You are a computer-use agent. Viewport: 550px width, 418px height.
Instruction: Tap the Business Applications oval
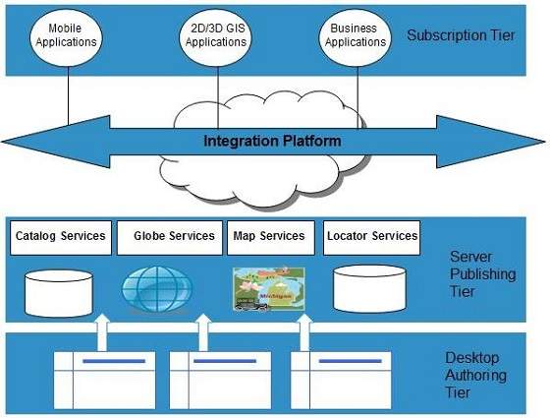click(354, 36)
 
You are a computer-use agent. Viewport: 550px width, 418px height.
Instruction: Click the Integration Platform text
click(272, 141)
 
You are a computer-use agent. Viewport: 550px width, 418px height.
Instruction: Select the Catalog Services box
click(59, 236)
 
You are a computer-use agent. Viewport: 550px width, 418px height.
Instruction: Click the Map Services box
click(268, 236)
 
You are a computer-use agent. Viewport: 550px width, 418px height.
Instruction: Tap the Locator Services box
click(372, 236)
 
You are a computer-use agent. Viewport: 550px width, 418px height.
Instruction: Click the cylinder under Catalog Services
click(60, 286)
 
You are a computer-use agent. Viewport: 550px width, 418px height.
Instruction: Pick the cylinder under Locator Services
click(369, 286)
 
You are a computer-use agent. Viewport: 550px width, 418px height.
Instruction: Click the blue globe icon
click(152, 287)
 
